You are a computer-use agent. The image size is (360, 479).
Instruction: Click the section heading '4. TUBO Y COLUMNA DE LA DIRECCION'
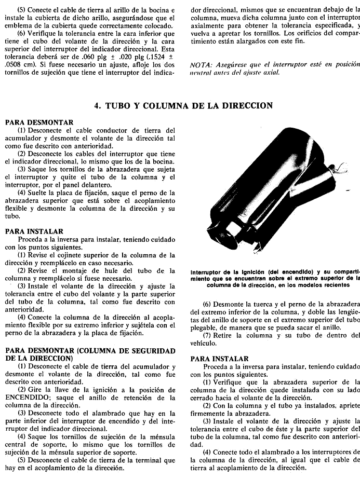(x=183, y=105)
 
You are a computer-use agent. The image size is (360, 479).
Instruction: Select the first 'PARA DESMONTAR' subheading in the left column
(x=39, y=122)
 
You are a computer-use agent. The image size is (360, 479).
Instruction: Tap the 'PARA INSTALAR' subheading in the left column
(x=34, y=231)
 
